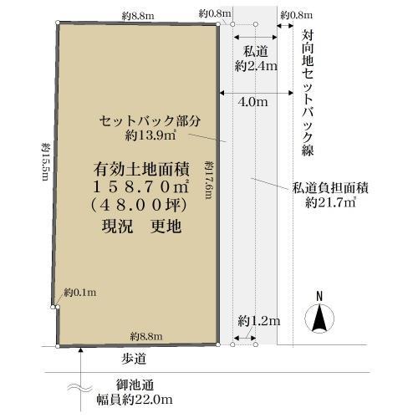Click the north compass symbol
[319, 313]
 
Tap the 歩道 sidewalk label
[134, 359]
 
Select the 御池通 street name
[135, 385]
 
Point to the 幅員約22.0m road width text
[135, 400]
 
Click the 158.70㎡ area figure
[141, 186]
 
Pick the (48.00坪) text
[139, 206]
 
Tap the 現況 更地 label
[141, 226]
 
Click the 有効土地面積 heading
[141, 169]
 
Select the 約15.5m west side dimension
[45, 161]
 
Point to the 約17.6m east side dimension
[209, 180]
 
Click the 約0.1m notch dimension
[80, 293]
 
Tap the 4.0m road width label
[252, 102]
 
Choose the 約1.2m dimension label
[259, 321]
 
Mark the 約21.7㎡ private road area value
[330, 202]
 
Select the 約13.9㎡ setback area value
[150, 135]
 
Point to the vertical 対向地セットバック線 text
[308, 93]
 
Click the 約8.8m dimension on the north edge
[138, 16]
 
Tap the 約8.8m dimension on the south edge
[146, 336]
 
